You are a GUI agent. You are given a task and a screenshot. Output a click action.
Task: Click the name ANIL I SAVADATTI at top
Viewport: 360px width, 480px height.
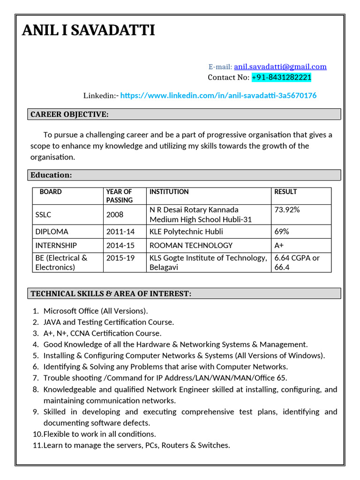tap(89, 31)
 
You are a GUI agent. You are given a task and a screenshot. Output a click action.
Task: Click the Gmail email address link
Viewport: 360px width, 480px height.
tap(280, 67)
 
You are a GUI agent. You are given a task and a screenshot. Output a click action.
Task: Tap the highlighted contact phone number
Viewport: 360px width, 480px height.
tap(281, 77)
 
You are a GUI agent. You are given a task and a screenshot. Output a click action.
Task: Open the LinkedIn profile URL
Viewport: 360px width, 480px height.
tap(218, 96)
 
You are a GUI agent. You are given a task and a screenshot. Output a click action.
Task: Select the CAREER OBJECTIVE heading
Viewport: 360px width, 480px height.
tap(69, 114)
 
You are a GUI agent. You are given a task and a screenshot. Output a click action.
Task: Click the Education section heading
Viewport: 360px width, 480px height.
tap(51, 175)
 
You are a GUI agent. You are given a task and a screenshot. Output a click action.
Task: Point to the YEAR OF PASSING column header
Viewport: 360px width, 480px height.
tap(120, 195)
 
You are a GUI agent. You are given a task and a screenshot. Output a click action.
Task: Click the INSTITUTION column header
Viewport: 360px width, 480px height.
tap(169, 192)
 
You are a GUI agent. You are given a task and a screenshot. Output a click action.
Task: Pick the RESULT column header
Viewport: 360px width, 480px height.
tap(285, 192)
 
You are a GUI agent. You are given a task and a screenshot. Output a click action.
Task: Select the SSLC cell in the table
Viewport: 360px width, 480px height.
tap(43, 215)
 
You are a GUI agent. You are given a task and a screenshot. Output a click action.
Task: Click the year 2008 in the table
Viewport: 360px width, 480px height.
tap(115, 215)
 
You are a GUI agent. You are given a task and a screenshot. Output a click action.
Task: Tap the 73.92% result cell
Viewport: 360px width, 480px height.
tap(287, 210)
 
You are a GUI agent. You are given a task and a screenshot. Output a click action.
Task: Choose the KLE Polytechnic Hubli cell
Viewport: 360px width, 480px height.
tap(186, 232)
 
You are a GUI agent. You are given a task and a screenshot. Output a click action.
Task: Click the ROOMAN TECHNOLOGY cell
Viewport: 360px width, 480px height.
tap(191, 245)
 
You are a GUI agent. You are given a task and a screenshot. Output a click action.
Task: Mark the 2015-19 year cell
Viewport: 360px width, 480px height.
tap(120, 258)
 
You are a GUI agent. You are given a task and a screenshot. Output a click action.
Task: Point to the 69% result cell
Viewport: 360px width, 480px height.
tap(282, 232)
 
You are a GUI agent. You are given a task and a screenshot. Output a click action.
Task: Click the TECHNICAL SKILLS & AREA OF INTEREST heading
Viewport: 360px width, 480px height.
tap(111, 293)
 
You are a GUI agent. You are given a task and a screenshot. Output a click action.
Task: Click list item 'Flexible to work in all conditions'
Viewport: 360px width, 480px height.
tap(99, 434)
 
